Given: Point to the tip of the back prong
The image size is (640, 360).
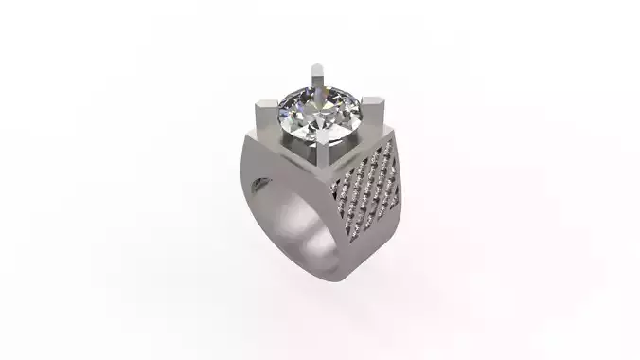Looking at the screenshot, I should coord(316,66).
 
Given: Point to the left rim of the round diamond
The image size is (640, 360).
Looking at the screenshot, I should coord(278,120).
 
